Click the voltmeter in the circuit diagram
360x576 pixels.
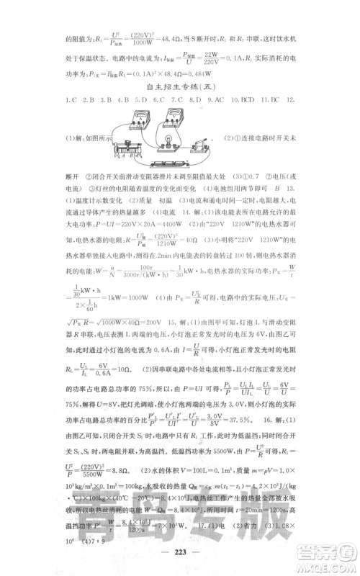click(172, 120)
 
